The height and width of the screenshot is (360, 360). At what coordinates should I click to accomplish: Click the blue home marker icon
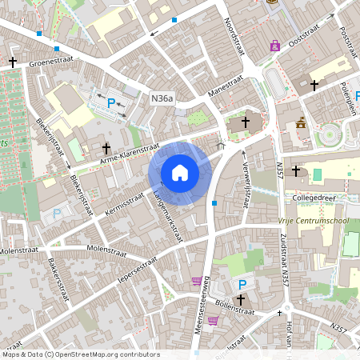click(180, 173)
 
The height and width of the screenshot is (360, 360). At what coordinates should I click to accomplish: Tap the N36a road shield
click(162, 98)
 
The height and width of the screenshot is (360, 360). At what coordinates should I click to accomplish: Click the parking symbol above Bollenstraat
click(241, 285)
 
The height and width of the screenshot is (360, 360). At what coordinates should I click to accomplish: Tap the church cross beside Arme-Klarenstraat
click(106, 148)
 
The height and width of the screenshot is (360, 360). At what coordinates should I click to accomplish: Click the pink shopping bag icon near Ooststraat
click(275, 46)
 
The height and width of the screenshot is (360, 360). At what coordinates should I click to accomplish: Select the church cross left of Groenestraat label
click(13, 61)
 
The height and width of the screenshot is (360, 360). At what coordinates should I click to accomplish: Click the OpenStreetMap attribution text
click(80, 354)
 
